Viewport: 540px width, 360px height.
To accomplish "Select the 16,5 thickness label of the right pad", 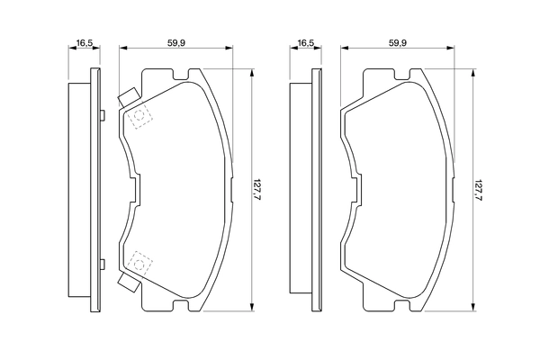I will click(306, 41).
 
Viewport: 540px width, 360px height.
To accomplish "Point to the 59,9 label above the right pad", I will click(397, 41).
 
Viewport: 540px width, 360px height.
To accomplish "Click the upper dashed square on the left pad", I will click(139, 118).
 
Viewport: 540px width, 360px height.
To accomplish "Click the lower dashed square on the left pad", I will click(139, 262).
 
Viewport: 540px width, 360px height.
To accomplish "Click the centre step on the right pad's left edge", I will click(354, 191).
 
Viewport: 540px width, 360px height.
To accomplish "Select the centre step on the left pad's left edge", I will click(134, 191).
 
